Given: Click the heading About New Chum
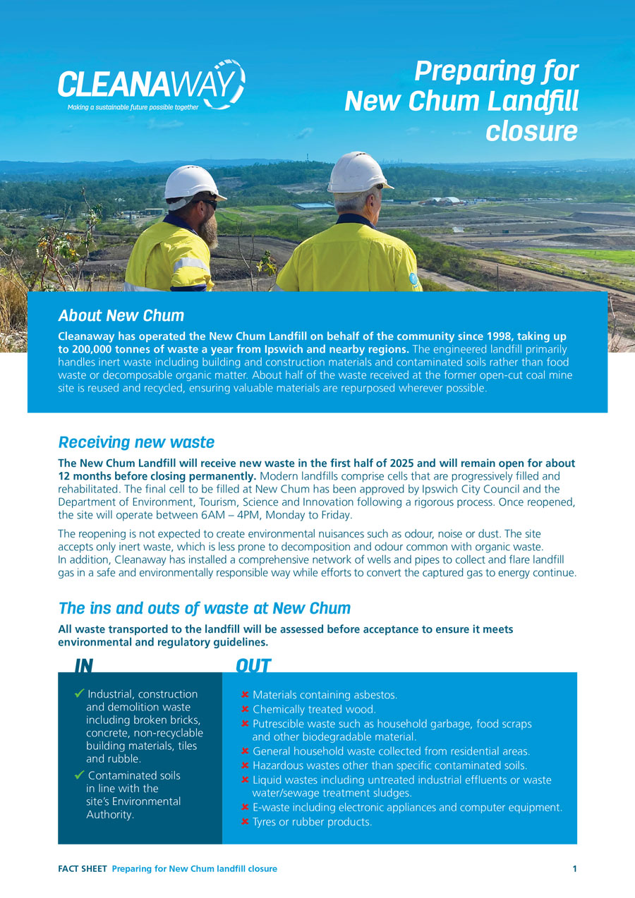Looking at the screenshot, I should (121, 315).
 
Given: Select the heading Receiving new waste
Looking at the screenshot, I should (136, 442).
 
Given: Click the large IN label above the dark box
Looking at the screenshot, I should (84, 666).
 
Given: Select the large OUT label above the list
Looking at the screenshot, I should (253, 666).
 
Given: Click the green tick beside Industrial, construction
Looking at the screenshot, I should (79, 694).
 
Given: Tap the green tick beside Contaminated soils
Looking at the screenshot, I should (79, 775).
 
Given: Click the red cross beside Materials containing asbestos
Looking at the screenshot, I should (245, 696).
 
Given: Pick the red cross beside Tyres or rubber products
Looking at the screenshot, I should (245, 822).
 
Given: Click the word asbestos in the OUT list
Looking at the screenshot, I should (376, 696).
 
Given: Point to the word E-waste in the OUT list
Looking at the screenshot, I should (270, 808).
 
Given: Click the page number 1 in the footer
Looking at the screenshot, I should (574, 869).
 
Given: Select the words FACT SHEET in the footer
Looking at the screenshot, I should (82, 869).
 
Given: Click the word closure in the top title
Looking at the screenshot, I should (531, 131).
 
